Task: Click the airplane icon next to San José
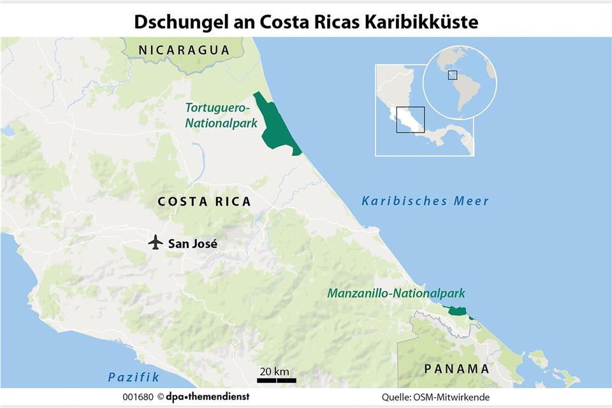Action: tap(154, 243)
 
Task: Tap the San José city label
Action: tap(193, 243)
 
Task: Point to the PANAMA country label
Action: tap(456, 368)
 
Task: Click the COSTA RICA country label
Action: tap(204, 202)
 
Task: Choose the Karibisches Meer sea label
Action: tap(425, 201)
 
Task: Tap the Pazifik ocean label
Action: tap(133, 377)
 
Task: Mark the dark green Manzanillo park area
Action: tap(456, 311)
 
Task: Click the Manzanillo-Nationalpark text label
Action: tap(396, 294)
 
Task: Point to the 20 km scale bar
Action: tap(276, 381)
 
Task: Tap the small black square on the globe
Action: tap(452, 75)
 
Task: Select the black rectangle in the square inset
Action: tap(410, 119)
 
